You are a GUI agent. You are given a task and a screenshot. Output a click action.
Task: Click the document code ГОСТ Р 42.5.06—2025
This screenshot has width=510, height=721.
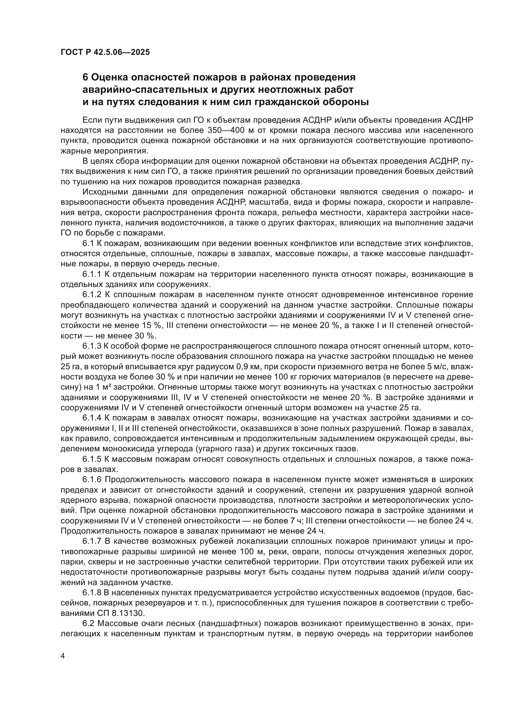[x=105, y=52]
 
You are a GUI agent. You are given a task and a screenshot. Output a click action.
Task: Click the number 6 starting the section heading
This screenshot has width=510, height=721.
[x=85, y=77]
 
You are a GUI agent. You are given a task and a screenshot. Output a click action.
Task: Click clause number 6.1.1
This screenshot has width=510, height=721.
[x=92, y=274]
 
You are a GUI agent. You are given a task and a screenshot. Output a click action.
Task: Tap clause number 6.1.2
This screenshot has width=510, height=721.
[x=92, y=295]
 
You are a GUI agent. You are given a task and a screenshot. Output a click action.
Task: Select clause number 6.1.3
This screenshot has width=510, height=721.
[x=92, y=346]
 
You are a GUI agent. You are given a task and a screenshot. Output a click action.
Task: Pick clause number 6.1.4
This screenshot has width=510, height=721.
[x=92, y=418]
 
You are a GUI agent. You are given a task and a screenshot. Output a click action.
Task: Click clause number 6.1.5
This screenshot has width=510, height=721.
[x=92, y=459]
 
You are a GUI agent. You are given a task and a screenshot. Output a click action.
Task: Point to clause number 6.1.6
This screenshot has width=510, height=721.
[x=92, y=480]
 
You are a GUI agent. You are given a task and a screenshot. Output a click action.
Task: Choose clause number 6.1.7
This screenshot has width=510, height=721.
[x=92, y=541]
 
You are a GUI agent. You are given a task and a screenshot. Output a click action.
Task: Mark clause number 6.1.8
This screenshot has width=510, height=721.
[x=92, y=592]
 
